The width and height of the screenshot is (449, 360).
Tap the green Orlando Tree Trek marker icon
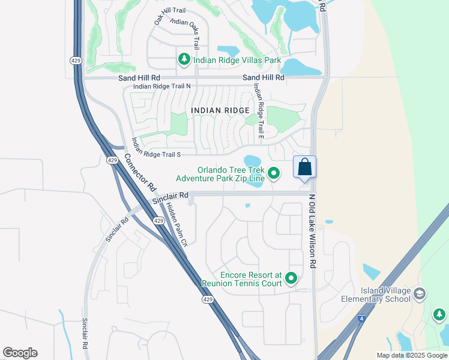(274, 173)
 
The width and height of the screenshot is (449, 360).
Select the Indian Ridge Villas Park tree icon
(184, 59)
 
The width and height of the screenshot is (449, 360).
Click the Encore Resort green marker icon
(291, 278)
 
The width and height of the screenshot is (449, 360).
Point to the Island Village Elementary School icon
(420, 293)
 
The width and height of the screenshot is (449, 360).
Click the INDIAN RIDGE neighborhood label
(220, 110)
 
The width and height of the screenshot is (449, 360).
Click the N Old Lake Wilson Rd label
(312, 230)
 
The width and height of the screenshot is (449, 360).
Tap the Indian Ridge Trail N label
(161, 86)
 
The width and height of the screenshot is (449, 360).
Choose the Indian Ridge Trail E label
(258, 111)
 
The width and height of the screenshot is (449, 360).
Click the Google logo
(20, 353)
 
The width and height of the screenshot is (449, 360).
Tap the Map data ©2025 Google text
(411, 355)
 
